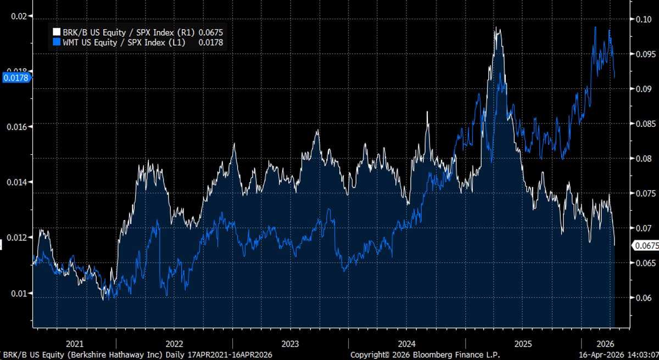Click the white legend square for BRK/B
(x=56, y=32)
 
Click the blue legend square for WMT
(x=56, y=42)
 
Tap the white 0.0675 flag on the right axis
(x=646, y=246)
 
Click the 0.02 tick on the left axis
(x=19, y=16)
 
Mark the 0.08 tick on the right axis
(x=644, y=159)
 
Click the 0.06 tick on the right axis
(x=644, y=298)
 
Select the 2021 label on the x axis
(x=75, y=344)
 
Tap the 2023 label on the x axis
(x=290, y=344)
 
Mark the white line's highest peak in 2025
(x=497, y=28)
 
